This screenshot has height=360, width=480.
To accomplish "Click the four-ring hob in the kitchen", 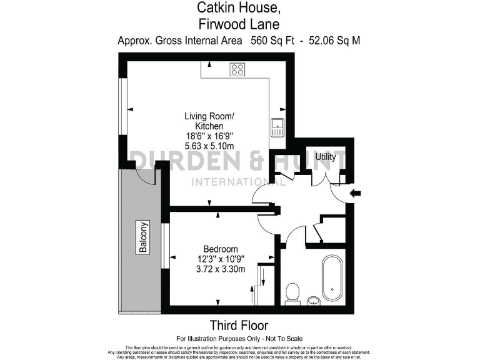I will pyautogui.click(x=237, y=69).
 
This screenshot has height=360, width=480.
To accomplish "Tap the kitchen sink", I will pyautogui.click(x=277, y=127).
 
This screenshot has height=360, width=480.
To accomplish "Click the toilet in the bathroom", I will pyautogui.click(x=292, y=292).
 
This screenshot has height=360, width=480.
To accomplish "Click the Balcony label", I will pyautogui.click(x=144, y=237).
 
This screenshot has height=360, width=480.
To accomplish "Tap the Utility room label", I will pyautogui.click(x=326, y=157).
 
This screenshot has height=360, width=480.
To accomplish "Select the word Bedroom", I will pyautogui.click(x=221, y=248).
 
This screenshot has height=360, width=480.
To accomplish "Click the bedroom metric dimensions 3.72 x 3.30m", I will pyautogui.click(x=221, y=269).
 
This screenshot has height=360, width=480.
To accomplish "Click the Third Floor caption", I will pyautogui.click(x=239, y=326).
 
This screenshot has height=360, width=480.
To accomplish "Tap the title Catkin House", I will pyautogui.click(x=239, y=8).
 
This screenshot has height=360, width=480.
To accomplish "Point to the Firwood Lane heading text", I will pyautogui.click(x=239, y=24).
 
